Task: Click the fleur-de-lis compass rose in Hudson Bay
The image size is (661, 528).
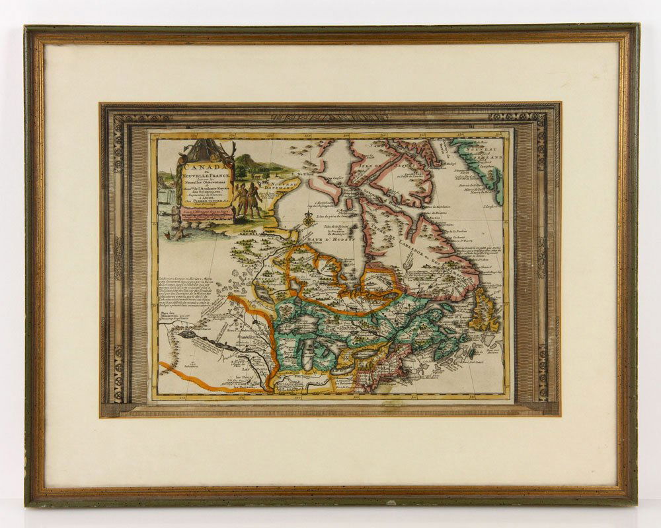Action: click(x=308, y=221)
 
